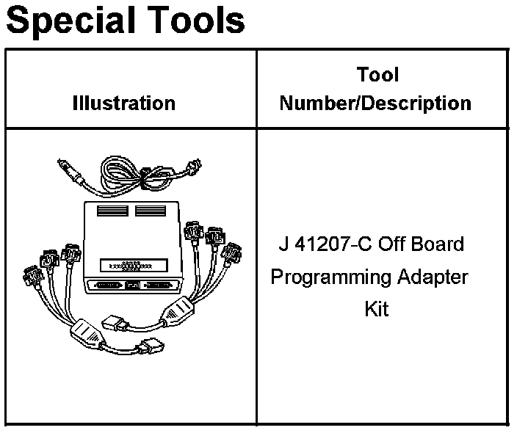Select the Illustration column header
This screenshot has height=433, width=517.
[x=124, y=103]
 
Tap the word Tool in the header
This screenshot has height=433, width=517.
[x=378, y=75]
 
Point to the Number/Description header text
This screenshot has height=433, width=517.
[x=375, y=103]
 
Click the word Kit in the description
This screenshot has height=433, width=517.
[x=376, y=309]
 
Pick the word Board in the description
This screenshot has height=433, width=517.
[x=439, y=244]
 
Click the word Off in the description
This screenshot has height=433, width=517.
[x=391, y=244]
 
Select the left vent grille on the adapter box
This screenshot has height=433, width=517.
[x=111, y=211]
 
